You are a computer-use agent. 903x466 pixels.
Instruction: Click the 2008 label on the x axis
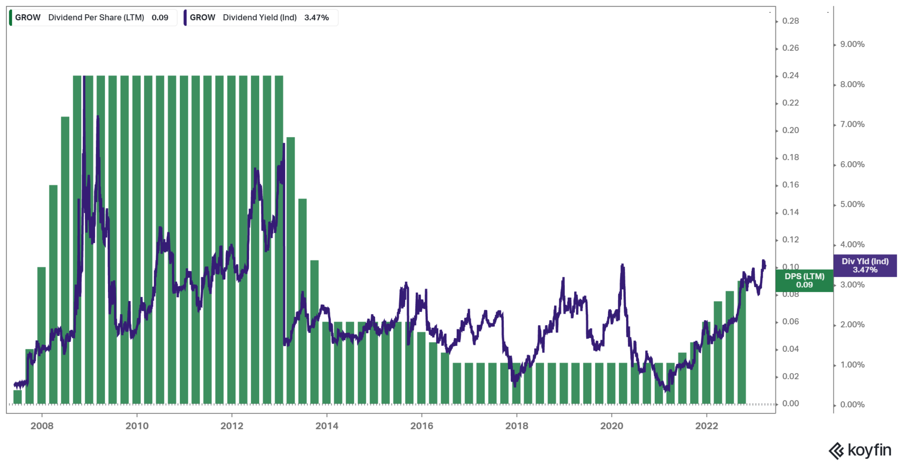tap(42, 426)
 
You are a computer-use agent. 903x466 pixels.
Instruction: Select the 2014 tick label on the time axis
tap(327, 426)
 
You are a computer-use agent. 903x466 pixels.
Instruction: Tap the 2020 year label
tap(612, 426)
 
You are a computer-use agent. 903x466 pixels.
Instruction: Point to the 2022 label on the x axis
tap(706, 426)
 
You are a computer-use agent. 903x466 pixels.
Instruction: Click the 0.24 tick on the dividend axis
tap(790, 75)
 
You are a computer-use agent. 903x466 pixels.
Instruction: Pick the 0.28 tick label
tap(790, 21)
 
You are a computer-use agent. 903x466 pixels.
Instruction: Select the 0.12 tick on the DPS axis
tap(790, 240)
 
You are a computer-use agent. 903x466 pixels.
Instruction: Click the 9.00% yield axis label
tap(852, 44)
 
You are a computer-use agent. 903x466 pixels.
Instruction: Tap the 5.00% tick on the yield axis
tap(852, 204)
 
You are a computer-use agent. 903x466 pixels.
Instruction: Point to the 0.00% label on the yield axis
tap(852, 405)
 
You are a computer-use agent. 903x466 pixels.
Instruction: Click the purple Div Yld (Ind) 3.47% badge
tap(865, 266)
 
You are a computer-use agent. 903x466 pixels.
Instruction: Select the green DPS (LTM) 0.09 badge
tap(804, 281)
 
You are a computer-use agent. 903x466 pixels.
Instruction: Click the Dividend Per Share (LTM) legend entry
tap(93, 18)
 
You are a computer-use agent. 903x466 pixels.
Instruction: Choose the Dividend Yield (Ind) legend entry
tap(260, 18)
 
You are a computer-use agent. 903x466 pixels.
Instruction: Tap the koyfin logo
tap(860, 451)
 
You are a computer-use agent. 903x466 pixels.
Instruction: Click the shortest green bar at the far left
tap(18, 397)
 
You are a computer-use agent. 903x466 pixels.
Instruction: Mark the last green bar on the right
tap(742, 344)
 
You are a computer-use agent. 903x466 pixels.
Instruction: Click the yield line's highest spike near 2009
tap(84, 79)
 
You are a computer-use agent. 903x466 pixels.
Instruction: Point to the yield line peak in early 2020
tap(622, 266)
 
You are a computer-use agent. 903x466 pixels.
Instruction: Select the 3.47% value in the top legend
tap(317, 18)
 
